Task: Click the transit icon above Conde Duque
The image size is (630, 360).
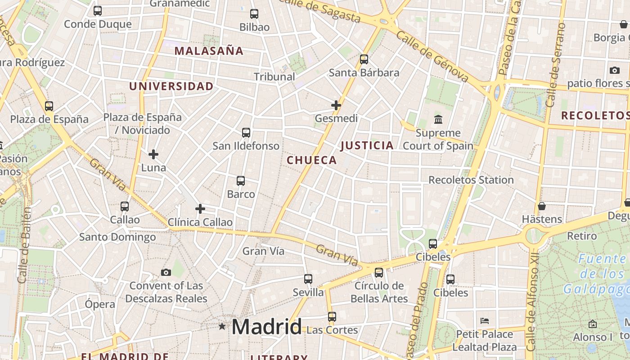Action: (98, 11)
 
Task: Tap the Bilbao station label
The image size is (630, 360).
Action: (254, 27)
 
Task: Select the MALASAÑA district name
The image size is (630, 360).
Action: (209, 51)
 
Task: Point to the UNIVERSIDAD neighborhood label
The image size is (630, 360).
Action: (171, 86)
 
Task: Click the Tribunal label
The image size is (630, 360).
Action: (274, 76)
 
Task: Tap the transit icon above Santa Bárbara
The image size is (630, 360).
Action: (364, 59)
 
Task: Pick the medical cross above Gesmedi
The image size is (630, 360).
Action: (336, 105)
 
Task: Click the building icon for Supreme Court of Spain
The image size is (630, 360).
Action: (438, 120)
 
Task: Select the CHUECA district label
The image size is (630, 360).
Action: (312, 160)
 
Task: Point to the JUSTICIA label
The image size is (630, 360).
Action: (367, 145)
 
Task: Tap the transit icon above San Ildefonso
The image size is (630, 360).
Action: (246, 133)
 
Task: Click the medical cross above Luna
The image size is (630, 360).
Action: (153, 154)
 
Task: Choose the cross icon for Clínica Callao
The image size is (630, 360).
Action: (200, 209)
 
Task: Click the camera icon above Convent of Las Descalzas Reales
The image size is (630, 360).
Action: (166, 273)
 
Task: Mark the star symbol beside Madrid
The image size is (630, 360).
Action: (222, 326)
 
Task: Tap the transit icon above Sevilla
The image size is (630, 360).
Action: (308, 279)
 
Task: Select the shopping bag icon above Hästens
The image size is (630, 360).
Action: (542, 206)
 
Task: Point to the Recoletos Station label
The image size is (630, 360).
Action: (471, 180)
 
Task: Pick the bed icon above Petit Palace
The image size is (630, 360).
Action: (485, 321)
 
